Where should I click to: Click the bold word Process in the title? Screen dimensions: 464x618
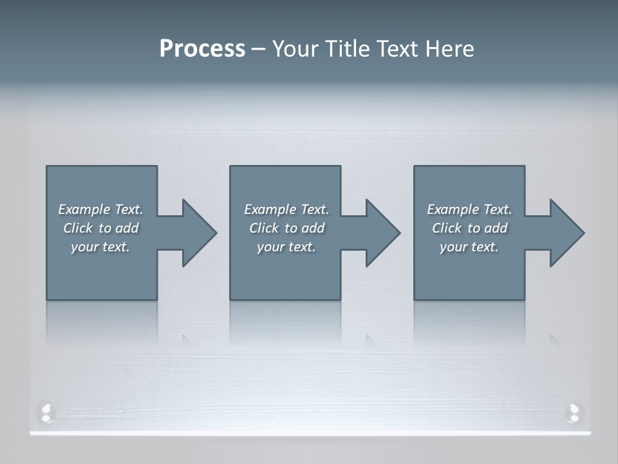click(x=202, y=49)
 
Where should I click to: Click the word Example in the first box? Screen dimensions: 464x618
click(x=84, y=209)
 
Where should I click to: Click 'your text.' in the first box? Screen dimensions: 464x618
click(x=100, y=247)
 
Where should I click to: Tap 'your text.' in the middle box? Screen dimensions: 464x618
click(x=286, y=247)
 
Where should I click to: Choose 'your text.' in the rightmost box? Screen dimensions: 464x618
click(x=469, y=247)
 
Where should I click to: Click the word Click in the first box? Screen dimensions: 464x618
click(x=78, y=228)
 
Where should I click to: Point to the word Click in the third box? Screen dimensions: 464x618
click(x=447, y=228)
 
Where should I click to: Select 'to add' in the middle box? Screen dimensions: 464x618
click(x=304, y=228)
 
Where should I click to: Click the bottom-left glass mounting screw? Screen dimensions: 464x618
click(x=46, y=412)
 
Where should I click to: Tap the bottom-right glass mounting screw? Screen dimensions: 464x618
click(x=573, y=412)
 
